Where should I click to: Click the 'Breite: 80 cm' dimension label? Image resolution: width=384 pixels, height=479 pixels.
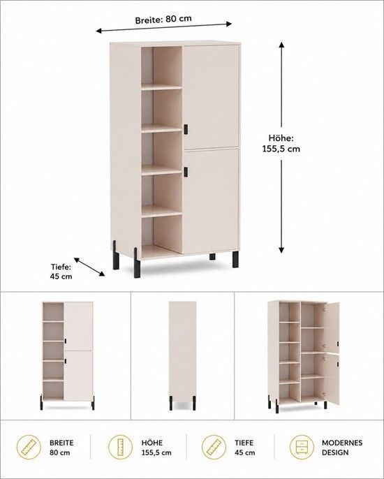pyautogui.click(x=163, y=20)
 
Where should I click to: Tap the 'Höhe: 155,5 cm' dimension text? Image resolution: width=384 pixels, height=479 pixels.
pyautogui.click(x=281, y=143)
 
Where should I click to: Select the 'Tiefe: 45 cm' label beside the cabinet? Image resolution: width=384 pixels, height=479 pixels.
pyautogui.click(x=61, y=271)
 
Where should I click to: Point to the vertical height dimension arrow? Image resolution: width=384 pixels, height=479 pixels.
pyautogui.click(x=281, y=147)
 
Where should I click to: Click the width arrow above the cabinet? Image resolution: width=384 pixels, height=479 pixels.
pyautogui.click(x=164, y=27)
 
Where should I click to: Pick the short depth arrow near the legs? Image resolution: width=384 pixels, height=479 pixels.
pyautogui.click(x=89, y=267)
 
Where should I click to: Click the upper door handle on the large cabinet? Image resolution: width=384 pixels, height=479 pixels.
pyautogui.click(x=186, y=129)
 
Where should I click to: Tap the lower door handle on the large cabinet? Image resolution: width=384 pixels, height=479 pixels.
pyautogui.click(x=186, y=172)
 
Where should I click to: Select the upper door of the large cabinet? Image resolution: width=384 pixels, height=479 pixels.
pyautogui.click(x=210, y=97)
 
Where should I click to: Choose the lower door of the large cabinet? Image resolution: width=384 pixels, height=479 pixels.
pyautogui.click(x=210, y=200)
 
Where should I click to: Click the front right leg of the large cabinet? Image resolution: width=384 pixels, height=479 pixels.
pyautogui.click(x=235, y=259)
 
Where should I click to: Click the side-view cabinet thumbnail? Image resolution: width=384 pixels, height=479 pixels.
pyautogui.click(x=183, y=355)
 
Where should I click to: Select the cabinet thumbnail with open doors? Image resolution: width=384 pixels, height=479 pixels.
pyautogui.click(x=304, y=357)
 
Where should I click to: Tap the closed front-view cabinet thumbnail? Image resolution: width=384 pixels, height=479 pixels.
pyautogui.click(x=68, y=355)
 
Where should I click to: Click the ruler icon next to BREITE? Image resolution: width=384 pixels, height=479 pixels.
pyautogui.click(x=29, y=447)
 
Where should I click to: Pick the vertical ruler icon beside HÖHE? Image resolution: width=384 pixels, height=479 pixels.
pyautogui.click(x=121, y=447)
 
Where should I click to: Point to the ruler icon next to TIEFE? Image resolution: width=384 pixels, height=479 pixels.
pyautogui.click(x=214, y=447)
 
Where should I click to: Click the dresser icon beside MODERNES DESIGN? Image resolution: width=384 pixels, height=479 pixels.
pyautogui.click(x=302, y=447)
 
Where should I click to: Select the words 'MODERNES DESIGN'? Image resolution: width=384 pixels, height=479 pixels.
pyautogui.click(x=342, y=448)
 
